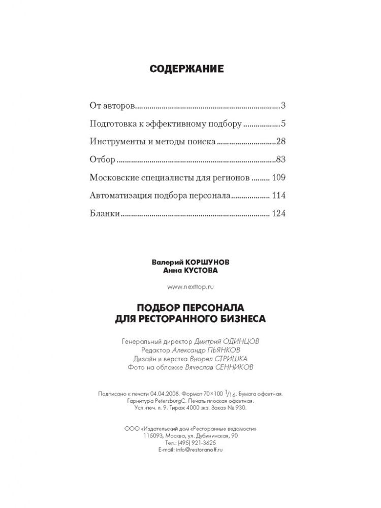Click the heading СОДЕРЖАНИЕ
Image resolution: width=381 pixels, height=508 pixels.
tap(186, 69)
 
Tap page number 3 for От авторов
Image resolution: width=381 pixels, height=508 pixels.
tap(283, 106)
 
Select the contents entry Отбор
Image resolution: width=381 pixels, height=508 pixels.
tap(102, 160)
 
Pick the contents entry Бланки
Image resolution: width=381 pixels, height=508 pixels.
tap(105, 213)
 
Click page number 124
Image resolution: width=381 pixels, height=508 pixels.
tap(279, 213)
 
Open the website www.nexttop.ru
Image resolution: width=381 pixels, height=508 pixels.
tap(190, 287)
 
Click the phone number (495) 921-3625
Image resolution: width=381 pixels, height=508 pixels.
tap(202, 442)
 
